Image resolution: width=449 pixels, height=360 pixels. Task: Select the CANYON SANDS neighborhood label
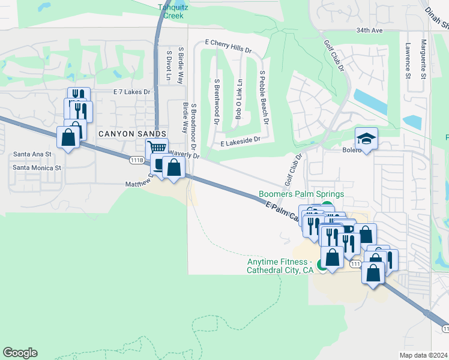coord(123,134)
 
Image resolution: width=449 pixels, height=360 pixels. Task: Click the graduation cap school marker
coord(366,139)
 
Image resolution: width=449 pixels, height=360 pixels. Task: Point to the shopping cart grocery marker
coord(157,148)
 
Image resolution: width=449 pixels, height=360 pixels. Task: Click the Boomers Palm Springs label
coord(301,194)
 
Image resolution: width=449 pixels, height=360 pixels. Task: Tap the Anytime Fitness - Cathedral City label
coord(280,266)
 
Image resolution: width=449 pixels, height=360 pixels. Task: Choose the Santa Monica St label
coord(37,168)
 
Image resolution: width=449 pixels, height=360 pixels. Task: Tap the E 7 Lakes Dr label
coord(131,92)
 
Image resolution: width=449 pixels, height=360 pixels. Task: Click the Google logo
coord(20,353)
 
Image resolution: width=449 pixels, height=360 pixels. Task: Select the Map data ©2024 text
coord(424,355)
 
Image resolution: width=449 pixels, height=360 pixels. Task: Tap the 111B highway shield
coord(137,160)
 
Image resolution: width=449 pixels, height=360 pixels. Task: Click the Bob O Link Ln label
coord(238,99)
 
